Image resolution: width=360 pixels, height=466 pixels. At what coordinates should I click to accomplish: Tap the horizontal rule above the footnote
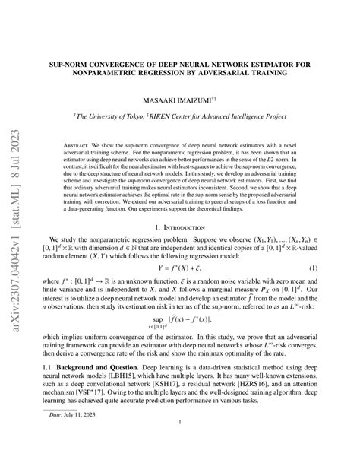84,427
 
